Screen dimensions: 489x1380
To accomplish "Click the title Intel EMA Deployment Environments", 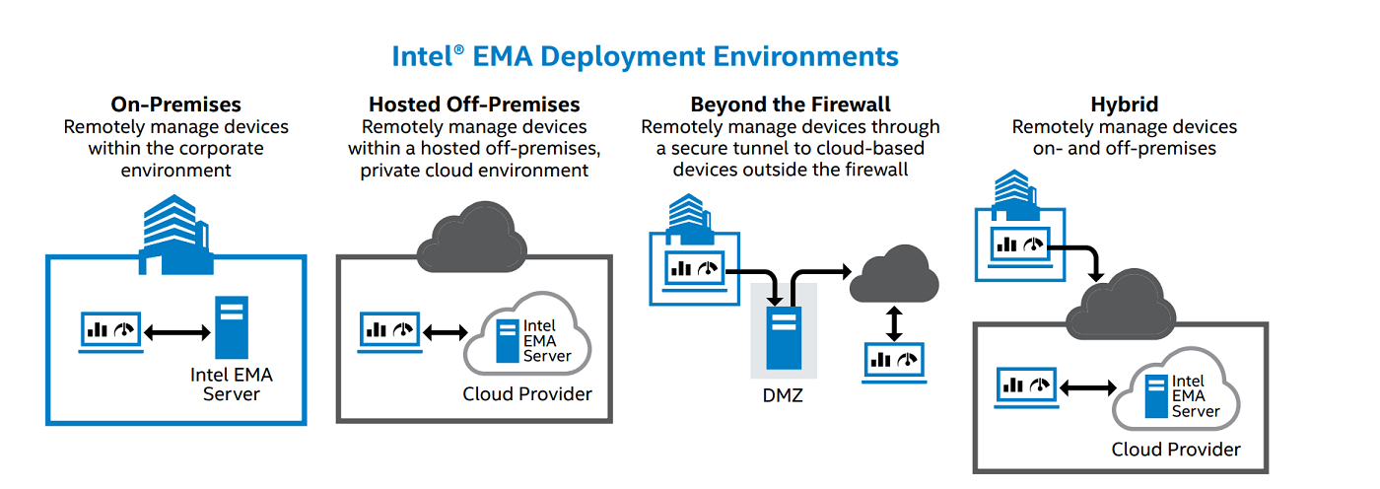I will [645, 55].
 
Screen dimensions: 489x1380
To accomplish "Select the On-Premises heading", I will [175, 105].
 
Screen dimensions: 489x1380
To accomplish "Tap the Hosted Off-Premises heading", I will [474, 105].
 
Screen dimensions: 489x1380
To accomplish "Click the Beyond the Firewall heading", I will [791, 105].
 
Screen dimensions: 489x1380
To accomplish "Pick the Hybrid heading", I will [1124, 105].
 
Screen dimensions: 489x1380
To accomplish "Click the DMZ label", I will [784, 397].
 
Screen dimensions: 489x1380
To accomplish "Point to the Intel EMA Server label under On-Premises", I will [232, 384].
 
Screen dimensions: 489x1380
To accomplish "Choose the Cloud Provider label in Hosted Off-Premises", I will [527, 394].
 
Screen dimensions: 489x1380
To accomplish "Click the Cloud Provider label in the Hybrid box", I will [1176, 450].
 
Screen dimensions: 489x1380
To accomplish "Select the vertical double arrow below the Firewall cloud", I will [894, 322].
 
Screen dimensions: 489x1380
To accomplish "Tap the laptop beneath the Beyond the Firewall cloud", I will [894, 362].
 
